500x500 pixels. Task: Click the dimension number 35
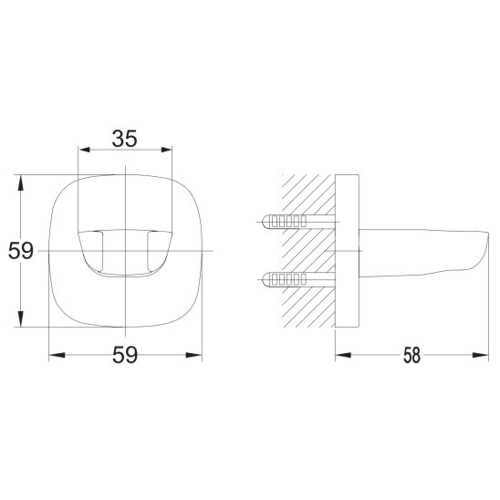point(125,139)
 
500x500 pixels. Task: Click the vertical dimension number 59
point(21,251)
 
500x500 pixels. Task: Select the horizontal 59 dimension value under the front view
point(125,355)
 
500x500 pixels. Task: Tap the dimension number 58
point(411,355)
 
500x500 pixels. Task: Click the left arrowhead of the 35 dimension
point(85,150)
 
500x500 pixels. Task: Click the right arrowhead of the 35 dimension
point(166,150)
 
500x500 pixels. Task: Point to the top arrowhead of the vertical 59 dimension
point(21,183)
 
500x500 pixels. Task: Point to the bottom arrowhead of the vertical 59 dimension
point(21,318)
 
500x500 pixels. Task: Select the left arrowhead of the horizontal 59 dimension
point(57,355)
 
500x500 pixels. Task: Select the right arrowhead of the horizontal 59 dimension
point(193,355)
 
